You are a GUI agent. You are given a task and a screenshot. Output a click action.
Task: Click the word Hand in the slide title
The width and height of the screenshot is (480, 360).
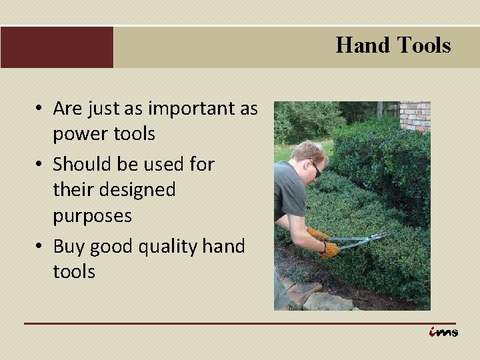363,45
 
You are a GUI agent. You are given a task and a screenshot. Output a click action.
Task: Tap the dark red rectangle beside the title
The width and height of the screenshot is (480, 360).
57,47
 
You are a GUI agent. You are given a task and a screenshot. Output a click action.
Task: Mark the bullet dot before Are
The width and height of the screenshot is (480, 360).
41,109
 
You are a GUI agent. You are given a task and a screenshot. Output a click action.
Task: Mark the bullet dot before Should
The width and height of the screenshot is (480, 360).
41,164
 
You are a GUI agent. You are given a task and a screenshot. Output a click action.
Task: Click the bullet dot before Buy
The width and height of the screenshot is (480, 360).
41,247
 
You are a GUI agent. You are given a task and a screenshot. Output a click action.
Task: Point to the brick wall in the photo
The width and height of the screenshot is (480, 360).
415,115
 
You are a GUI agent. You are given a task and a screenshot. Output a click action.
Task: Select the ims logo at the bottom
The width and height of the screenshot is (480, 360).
443,332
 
